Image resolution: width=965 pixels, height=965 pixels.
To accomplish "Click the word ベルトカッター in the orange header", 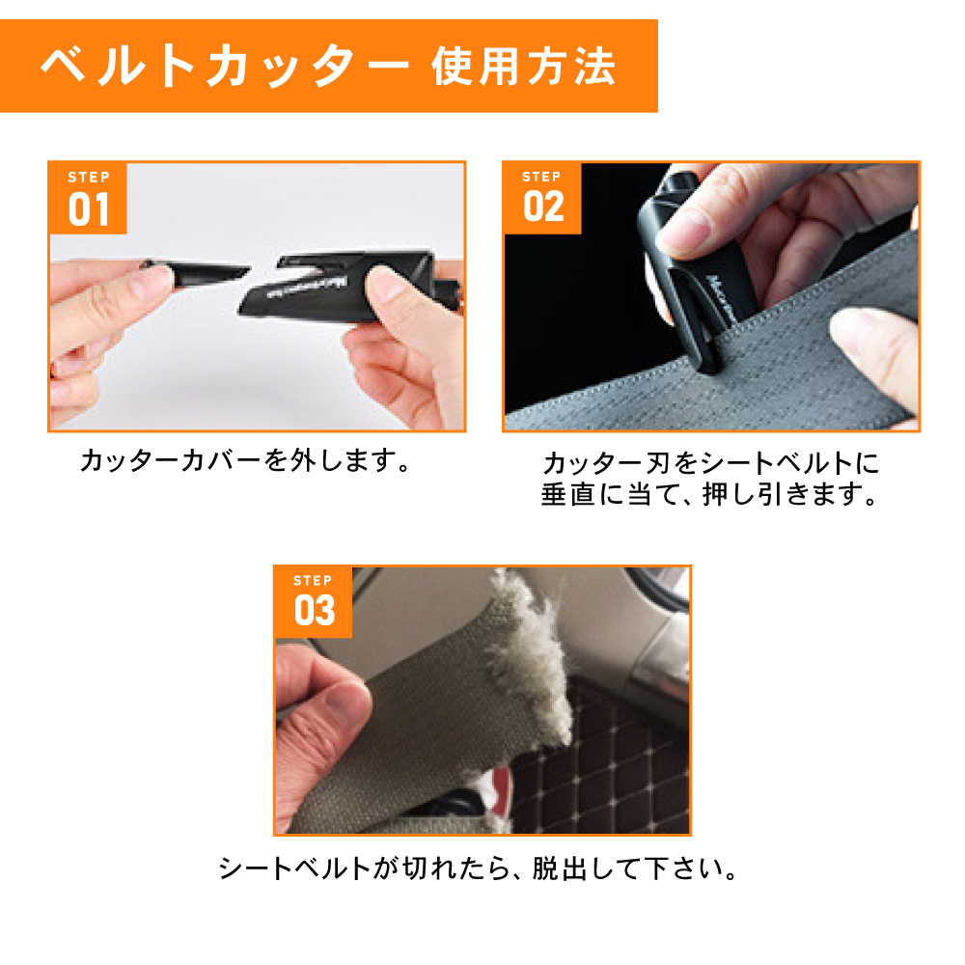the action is pos(225,66).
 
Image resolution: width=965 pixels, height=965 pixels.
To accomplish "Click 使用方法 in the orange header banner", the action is pos(523,66).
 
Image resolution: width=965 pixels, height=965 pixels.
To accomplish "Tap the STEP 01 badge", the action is pos(88,198).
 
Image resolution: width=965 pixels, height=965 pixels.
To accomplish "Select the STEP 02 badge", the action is pos(542,198).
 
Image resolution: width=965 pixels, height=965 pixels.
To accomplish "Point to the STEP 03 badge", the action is pos(314,602).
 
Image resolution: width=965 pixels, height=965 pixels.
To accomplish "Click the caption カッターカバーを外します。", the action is pos(245,460).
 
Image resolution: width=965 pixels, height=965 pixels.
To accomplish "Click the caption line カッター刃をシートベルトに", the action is pos(711,463).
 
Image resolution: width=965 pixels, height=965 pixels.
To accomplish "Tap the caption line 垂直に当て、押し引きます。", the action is pos(709,494).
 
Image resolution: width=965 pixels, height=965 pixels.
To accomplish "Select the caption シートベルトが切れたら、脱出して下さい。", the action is pos(479,868).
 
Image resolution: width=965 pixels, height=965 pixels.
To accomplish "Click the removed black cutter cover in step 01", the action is pos(197,272).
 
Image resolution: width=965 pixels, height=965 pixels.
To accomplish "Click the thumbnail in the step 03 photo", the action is pos(344,701).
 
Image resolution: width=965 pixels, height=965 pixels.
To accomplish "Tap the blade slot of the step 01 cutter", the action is pos(301,267).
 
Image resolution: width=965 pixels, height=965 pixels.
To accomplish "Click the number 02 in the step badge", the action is pos(543,207).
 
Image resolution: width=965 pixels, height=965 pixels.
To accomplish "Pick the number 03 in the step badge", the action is pos(315,610).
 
